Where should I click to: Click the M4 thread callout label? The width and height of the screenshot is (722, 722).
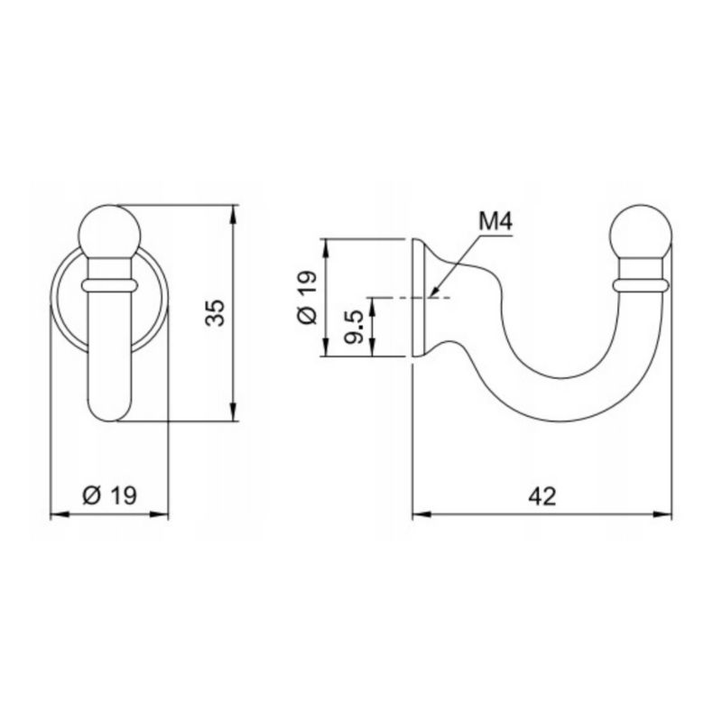point(495,222)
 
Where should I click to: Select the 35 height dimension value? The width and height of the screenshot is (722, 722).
point(216,313)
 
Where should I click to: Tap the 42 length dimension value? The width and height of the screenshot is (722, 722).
point(542,496)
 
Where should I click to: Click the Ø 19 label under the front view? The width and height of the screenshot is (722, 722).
point(109,495)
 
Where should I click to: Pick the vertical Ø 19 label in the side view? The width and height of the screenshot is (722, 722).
point(308,298)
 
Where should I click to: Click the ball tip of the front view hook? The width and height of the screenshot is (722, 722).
point(109,232)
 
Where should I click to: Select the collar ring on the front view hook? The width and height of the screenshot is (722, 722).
point(109,285)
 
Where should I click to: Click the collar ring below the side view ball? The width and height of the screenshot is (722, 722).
point(641,285)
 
